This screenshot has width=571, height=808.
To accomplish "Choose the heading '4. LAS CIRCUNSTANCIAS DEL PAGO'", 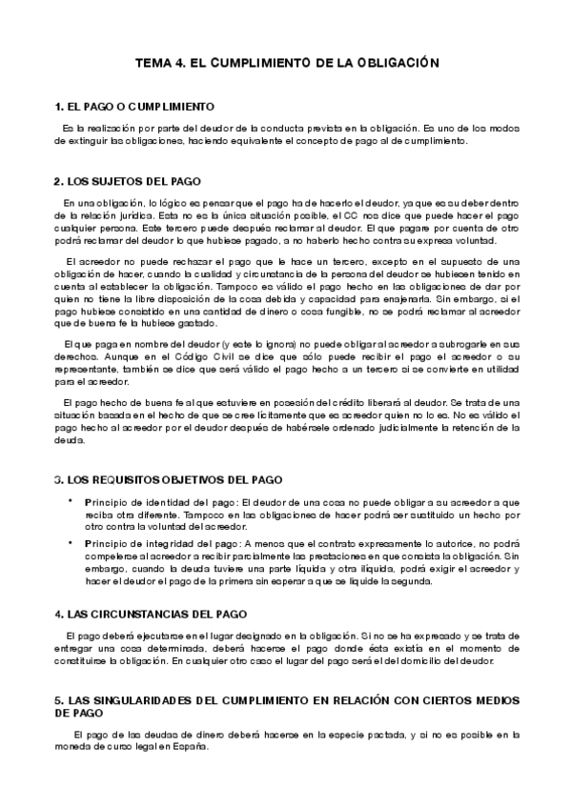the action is pyautogui.click(x=152, y=614).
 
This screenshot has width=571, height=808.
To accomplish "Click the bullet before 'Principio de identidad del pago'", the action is pyautogui.click(x=70, y=501).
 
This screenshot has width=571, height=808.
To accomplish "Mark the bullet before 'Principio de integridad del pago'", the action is pyautogui.click(x=70, y=543).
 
